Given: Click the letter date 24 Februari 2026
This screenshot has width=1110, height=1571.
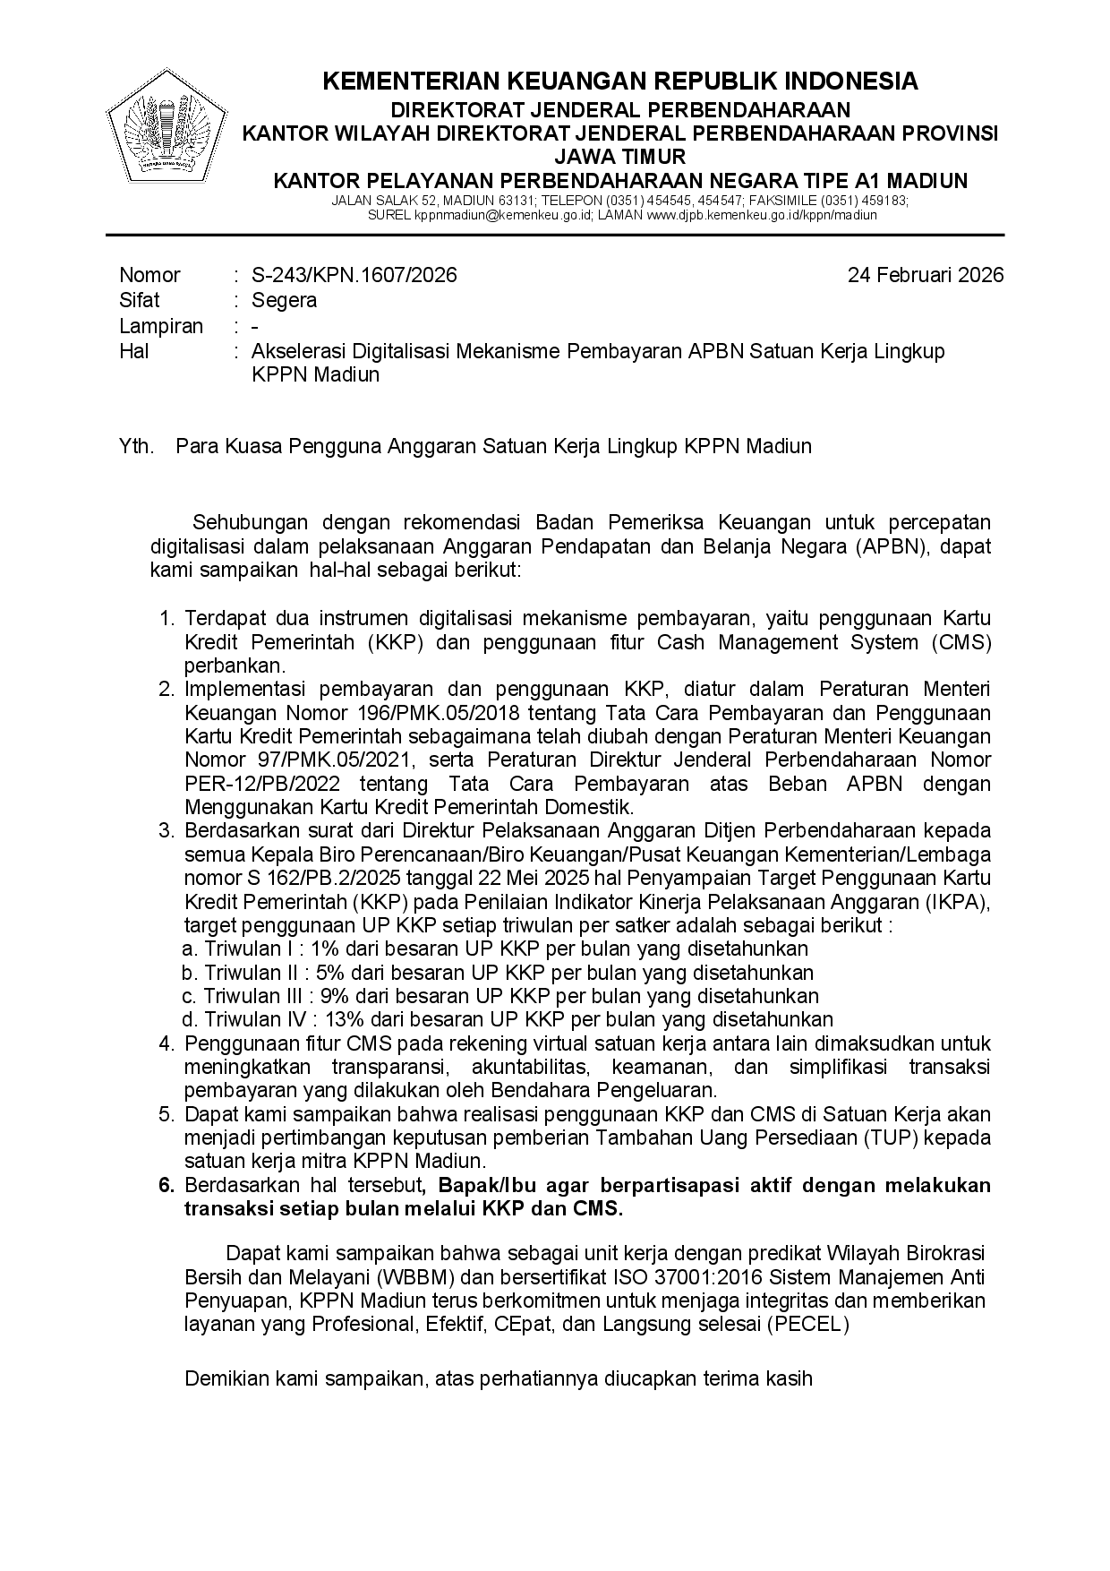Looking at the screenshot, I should coord(926,275).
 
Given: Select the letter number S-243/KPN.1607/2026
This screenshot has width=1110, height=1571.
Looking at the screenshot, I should coord(354,275).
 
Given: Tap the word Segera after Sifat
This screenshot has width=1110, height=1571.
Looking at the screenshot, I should coord(284,300).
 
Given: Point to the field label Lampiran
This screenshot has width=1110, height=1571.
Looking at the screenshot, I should coord(161,326).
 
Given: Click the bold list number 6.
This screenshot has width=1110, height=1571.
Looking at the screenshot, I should coord(166,1185).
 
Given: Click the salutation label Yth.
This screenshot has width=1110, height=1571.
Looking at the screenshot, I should coord(136,445).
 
